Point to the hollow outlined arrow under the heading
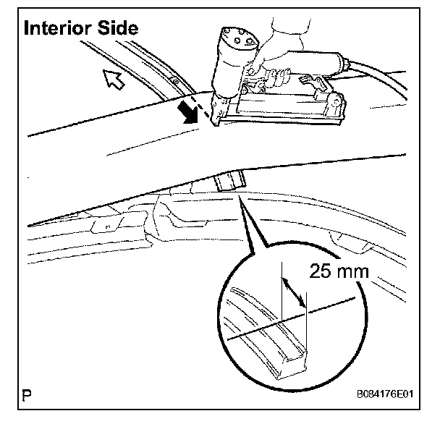tap(113, 80)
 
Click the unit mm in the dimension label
tap(357, 273)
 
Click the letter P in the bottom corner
tap(27, 395)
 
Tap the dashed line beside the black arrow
tap(209, 109)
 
